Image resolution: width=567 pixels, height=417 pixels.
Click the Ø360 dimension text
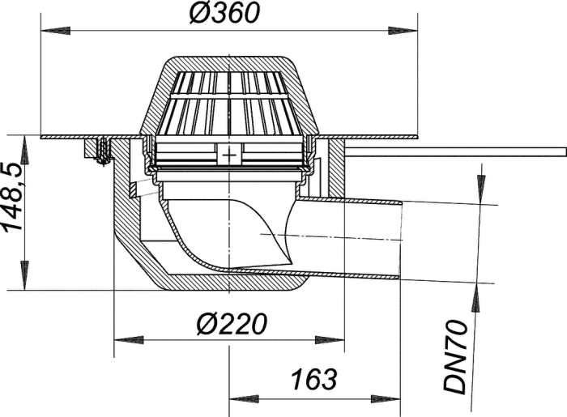click(x=224, y=13)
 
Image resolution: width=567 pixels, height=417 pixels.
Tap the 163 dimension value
click(x=314, y=380)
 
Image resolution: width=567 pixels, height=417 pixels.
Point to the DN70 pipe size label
click(x=455, y=356)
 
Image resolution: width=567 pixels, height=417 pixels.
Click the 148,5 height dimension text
click(x=13, y=197)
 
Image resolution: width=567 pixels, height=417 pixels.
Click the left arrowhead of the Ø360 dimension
click(x=55, y=31)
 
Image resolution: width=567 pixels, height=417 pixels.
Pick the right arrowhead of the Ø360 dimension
click(x=403, y=31)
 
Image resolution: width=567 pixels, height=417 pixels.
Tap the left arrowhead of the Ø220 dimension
click(x=129, y=340)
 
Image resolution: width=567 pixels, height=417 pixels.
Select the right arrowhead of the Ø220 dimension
click(x=330, y=340)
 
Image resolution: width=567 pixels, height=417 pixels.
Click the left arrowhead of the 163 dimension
click(x=243, y=399)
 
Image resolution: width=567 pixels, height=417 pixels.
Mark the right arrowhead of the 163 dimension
click(x=386, y=399)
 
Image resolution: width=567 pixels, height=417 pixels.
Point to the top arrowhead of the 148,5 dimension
click(x=24, y=150)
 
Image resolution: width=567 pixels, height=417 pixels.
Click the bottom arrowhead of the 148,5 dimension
click(x=24, y=276)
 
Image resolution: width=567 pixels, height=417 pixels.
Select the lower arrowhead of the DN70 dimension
click(x=476, y=298)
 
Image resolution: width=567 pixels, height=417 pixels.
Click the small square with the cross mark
click(x=229, y=155)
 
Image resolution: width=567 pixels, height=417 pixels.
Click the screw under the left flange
click(x=104, y=151)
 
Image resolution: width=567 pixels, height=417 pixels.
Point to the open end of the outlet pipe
click(x=401, y=241)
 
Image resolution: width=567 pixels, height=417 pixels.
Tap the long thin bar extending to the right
click(x=455, y=151)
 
